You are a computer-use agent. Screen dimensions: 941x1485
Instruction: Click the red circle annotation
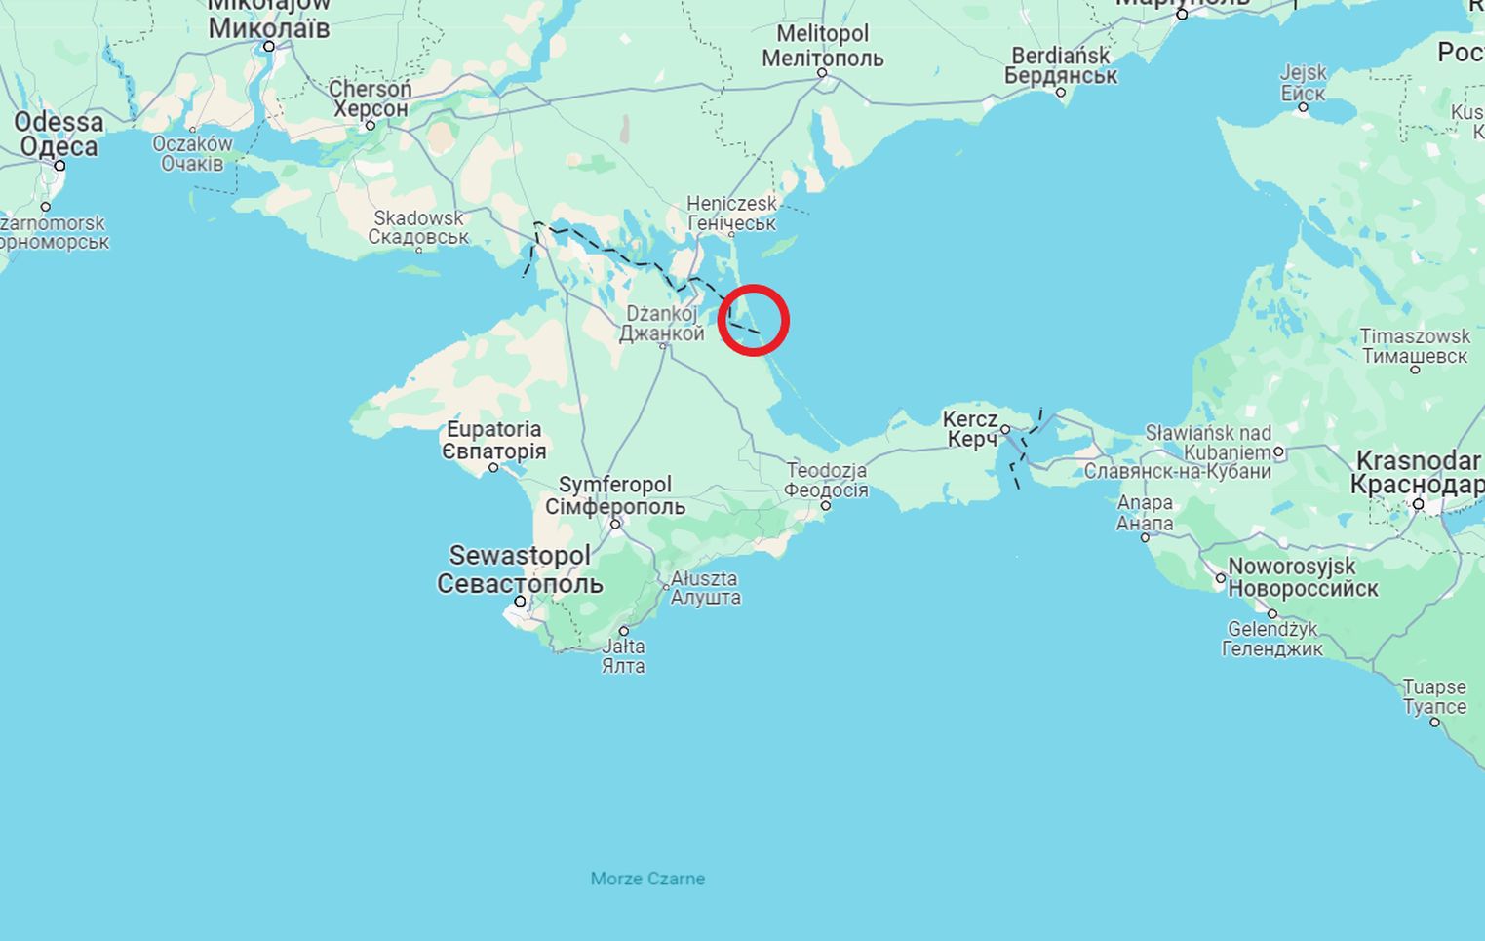pyautogui.click(x=753, y=320)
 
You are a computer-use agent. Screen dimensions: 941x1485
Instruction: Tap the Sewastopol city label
pyautogui.click(x=519, y=569)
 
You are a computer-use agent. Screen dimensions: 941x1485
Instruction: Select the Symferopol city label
pyautogui.click(x=615, y=495)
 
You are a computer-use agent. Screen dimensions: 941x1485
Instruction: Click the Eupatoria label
pyautogui.click(x=493, y=440)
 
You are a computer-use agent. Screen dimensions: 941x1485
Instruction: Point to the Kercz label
pyautogui.click(x=970, y=429)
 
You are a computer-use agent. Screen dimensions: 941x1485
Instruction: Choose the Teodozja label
pyautogui.click(x=826, y=480)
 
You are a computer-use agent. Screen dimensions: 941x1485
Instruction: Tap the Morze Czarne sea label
pyautogui.click(x=647, y=879)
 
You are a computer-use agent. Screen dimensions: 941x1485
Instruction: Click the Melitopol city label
pyautogui.click(x=822, y=46)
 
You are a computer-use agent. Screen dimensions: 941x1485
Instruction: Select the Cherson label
pyautogui.click(x=370, y=98)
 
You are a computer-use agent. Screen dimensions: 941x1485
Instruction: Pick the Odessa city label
pyautogui.click(x=59, y=135)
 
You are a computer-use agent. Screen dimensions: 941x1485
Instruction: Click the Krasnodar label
pyautogui.click(x=1418, y=472)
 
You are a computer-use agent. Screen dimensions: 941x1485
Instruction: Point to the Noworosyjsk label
pyautogui.click(x=1303, y=577)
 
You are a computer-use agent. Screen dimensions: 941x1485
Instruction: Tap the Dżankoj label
pyautogui.click(x=661, y=324)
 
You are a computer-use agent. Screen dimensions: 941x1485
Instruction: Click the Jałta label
pyautogui.click(x=623, y=656)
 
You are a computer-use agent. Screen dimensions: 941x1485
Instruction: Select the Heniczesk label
pyautogui.click(x=731, y=213)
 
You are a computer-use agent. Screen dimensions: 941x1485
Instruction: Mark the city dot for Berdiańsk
pyautogui.click(x=1061, y=93)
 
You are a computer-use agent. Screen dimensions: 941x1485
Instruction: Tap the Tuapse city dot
pyautogui.click(x=1434, y=722)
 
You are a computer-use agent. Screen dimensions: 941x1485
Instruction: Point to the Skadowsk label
pyautogui.click(x=418, y=227)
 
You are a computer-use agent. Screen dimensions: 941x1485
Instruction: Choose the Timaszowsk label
pyautogui.click(x=1414, y=346)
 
